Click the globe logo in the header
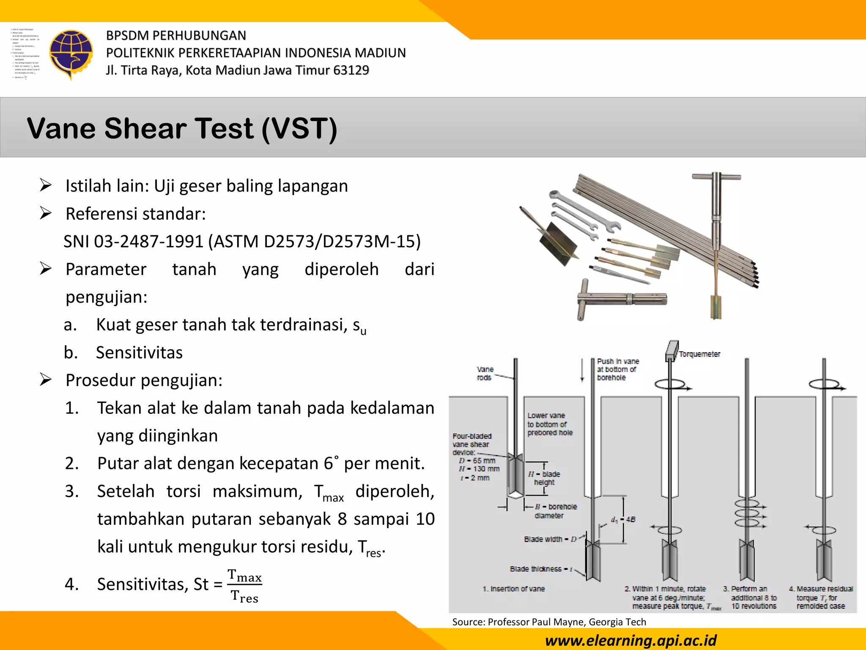tap(71, 54)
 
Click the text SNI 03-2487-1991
tap(134, 242)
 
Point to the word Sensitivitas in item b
tap(139, 353)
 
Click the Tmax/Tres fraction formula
tap(244, 586)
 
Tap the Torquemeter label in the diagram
tap(699, 354)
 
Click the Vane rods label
tap(485, 373)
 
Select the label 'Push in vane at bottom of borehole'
tap(617, 369)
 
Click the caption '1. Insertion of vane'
tap(513, 589)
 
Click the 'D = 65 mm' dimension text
tap(477, 460)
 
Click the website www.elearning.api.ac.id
tap(631, 640)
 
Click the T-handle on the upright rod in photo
tap(716, 177)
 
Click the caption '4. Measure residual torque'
tap(820, 597)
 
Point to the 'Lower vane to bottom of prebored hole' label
tap(549, 424)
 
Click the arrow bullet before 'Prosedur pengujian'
tap(46, 380)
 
